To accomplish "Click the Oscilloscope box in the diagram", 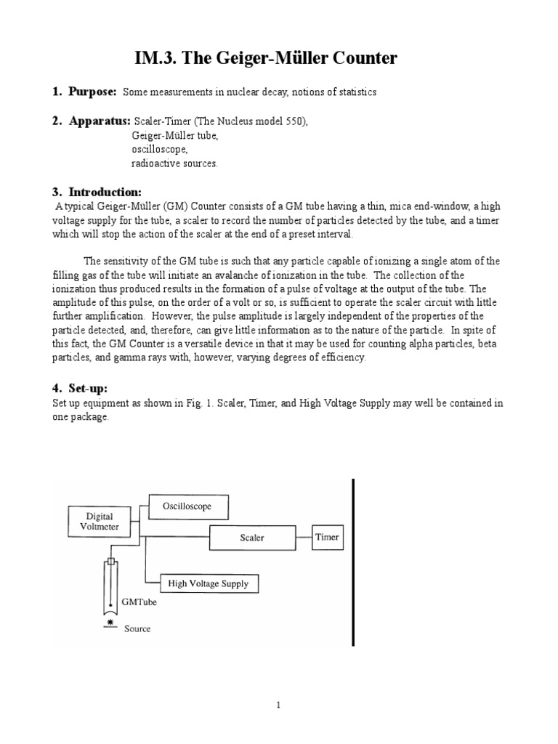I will pyautogui.click(x=190, y=506).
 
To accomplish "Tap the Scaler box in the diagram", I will pyautogui.click(x=251, y=538).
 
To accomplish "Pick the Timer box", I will pyautogui.click(x=326, y=538).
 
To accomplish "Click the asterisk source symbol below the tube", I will pyautogui.click(x=110, y=623).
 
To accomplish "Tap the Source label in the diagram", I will pyautogui.click(x=137, y=628).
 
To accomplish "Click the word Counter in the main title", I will pyautogui.click(x=360, y=58).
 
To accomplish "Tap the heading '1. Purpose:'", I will pyautogui.click(x=84, y=92).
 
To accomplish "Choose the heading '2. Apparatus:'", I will pyautogui.click(x=91, y=121).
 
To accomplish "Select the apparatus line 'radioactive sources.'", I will pyautogui.click(x=174, y=163).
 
